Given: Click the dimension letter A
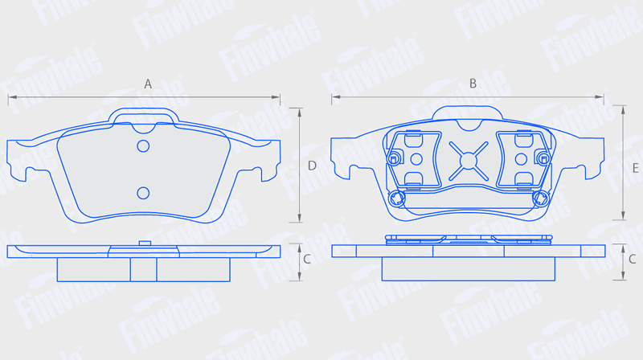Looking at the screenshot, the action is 148,84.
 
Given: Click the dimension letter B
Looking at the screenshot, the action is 473,84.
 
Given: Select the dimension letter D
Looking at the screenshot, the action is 312,166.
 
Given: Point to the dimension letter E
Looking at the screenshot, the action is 636,168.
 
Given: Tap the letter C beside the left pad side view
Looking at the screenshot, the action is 307,259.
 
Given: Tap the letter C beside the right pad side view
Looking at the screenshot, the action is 633,259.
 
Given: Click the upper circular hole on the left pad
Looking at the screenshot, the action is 143,146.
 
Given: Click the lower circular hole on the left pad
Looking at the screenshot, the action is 143,193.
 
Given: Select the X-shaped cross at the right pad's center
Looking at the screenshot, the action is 469,161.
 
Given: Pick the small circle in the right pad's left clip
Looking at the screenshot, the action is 416,158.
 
